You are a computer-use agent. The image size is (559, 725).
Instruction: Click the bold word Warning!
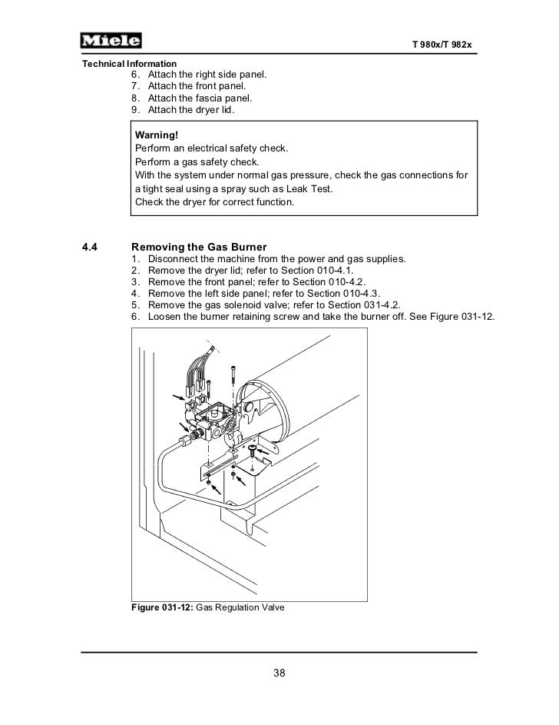click(x=157, y=135)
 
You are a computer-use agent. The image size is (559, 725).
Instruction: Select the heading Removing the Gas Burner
click(x=200, y=247)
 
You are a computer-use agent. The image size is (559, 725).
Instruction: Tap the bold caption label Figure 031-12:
click(x=163, y=607)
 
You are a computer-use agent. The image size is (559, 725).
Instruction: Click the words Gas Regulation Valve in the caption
click(x=240, y=607)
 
